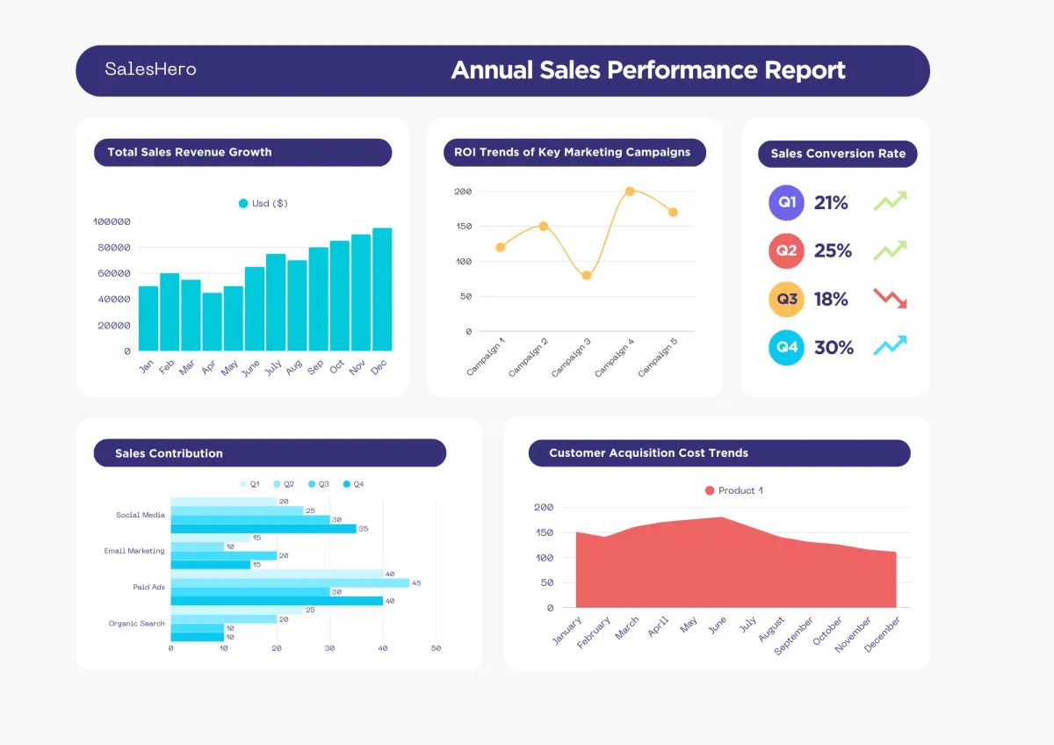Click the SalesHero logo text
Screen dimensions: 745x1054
[150, 69]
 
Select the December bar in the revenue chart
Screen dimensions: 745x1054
[382, 290]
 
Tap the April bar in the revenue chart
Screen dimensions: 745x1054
[212, 322]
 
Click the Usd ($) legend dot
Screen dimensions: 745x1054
[243, 203]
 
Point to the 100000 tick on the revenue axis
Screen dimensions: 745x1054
[112, 222]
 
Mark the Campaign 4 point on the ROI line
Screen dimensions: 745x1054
[630, 191]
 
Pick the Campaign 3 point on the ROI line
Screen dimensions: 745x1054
[587, 275]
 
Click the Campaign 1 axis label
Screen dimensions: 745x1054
[487, 357]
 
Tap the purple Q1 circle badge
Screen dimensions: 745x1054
[787, 203]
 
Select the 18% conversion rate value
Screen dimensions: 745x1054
[831, 300]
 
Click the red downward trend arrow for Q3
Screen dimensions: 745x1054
[890, 298]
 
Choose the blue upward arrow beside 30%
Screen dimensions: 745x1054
[890, 345]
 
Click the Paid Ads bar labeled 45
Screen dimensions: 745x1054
[290, 582]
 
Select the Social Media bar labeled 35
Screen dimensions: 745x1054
[263, 529]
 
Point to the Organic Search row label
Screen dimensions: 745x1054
[137, 624]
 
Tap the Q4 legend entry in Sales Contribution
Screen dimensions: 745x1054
[353, 484]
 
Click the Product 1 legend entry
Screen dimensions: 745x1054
[733, 490]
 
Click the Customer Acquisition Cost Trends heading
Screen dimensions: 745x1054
[648, 453]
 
